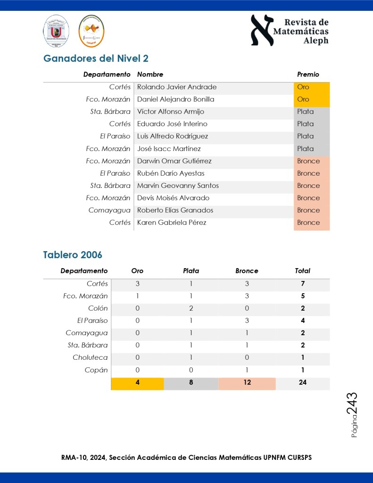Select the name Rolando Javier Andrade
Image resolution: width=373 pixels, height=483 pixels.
pyautogui.click(x=176, y=87)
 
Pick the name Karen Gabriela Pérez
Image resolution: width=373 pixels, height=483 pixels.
pyautogui.click(x=171, y=222)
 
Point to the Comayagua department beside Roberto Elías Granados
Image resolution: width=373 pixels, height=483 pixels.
pyautogui.click(x=109, y=210)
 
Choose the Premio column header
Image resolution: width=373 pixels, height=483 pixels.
pyautogui.click(x=308, y=74)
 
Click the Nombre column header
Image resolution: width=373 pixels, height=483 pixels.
pyautogui.click(x=150, y=74)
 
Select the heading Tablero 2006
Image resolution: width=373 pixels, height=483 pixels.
pyautogui.click(x=73, y=255)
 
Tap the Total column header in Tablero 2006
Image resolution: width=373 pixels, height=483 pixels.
pyautogui.click(x=302, y=271)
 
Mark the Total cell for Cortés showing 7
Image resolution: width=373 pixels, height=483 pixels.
pyautogui.click(x=302, y=284)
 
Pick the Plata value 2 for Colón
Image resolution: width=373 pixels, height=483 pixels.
pyautogui.click(x=191, y=308)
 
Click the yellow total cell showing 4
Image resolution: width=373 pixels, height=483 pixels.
pyautogui.click(x=137, y=382)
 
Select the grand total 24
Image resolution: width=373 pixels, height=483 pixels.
pyautogui.click(x=302, y=382)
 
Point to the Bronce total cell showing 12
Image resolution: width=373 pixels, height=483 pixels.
pyautogui.click(x=247, y=382)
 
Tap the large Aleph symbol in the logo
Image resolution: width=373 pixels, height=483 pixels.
pyautogui.click(x=262, y=30)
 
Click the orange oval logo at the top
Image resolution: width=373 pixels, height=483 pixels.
pyautogui.click(x=91, y=31)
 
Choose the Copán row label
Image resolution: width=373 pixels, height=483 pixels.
pyautogui.click(x=97, y=370)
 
